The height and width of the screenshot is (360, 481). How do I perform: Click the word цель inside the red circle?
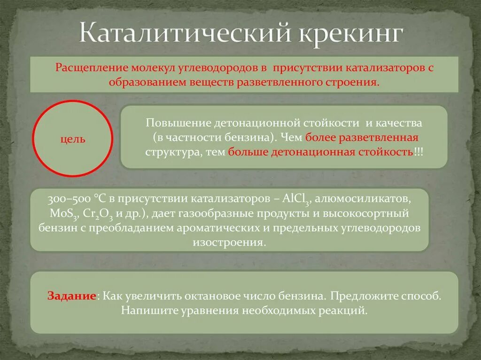[73, 139]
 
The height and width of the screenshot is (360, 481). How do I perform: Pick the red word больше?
[248, 153]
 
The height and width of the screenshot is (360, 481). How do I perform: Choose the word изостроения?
[229, 243]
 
